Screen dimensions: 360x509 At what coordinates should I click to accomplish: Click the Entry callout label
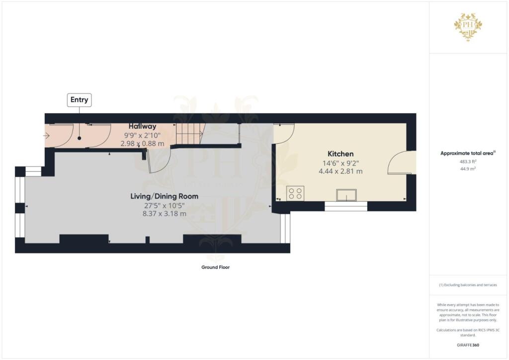(80, 100)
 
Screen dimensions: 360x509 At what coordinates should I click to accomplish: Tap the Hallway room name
(143, 127)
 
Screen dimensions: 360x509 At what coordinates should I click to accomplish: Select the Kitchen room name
(340, 154)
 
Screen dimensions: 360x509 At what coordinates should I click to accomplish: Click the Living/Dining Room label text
(164, 196)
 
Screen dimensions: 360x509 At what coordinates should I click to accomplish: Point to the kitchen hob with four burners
(295, 193)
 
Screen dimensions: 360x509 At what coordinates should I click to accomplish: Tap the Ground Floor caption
(215, 268)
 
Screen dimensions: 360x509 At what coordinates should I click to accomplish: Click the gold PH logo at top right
(468, 27)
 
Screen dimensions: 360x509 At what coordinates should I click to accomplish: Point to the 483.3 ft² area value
(468, 162)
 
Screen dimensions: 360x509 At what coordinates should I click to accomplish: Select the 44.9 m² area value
(468, 169)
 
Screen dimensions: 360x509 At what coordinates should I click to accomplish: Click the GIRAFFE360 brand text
(468, 345)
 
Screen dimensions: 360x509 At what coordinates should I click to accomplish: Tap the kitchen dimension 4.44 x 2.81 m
(340, 171)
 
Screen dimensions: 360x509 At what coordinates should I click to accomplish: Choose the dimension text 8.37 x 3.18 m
(164, 214)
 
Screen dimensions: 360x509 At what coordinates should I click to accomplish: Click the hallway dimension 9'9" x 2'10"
(143, 135)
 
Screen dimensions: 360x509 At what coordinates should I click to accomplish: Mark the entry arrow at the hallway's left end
(47, 135)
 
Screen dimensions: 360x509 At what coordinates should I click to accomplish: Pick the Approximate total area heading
(468, 154)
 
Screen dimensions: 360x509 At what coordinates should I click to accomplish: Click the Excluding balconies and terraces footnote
(468, 285)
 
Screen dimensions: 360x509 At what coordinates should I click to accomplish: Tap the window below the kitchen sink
(346, 206)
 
